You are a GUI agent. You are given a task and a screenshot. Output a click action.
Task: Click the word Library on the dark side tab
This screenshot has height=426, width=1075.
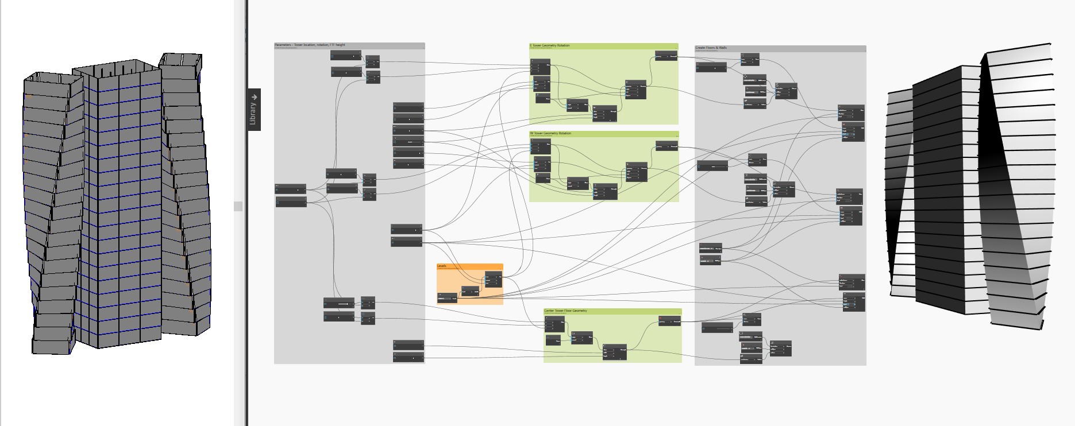click(x=253, y=114)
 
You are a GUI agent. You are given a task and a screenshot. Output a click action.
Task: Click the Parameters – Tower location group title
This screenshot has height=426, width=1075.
click(x=310, y=45)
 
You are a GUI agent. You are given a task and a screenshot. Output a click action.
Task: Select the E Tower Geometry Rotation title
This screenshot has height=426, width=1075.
click(x=549, y=45)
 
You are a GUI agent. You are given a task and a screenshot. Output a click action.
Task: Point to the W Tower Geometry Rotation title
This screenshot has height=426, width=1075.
click(x=550, y=133)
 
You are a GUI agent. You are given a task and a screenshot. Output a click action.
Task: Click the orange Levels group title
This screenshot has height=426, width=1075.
click(x=441, y=266)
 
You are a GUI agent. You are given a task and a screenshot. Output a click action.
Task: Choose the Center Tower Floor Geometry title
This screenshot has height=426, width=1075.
click(x=565, y=311)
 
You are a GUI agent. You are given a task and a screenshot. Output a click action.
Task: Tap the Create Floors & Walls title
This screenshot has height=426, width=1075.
click(x=711, y=48)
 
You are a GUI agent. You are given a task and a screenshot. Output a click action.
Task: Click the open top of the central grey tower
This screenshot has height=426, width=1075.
click(x=118, y=68)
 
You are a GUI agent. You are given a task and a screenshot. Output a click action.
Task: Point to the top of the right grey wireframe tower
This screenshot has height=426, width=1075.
click(x=180, y=59)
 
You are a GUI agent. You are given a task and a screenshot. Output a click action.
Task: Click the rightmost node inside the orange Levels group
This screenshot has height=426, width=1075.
click(x=493, y=279)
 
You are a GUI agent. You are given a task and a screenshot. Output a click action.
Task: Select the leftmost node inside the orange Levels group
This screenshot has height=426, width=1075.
click(x=447, y=297)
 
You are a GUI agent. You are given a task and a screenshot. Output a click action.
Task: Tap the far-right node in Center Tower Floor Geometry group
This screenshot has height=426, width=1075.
click(x=669, y=321)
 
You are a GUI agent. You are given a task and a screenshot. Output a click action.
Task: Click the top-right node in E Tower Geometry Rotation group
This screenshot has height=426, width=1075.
click(x=666, y=56)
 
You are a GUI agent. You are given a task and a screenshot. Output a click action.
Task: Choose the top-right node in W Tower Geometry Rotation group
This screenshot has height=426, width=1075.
click(x=666, y=146)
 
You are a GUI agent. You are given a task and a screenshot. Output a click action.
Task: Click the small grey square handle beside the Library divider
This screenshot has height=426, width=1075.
click(x=238, y=206)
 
